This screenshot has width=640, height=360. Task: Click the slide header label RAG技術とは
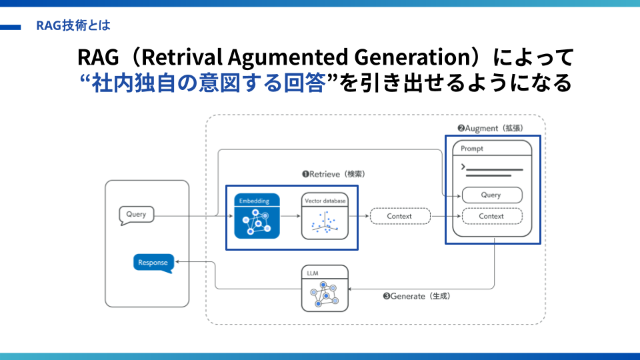coord(73,27)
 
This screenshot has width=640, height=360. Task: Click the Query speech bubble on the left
coord(137,215)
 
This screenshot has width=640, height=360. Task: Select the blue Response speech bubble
coord(153,263)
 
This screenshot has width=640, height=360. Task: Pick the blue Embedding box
coord(257,217)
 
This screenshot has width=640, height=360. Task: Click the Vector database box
coord(325,217)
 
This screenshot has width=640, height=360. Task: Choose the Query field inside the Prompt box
coord(491,195)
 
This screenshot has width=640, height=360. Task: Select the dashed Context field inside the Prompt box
coord(491,216)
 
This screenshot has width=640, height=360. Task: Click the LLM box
coord(325,288)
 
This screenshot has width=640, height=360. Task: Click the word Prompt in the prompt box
coord(472,149)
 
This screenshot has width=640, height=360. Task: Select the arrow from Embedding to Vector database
coord(290,216)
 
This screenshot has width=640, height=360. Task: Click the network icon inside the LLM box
coord(325,293)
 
